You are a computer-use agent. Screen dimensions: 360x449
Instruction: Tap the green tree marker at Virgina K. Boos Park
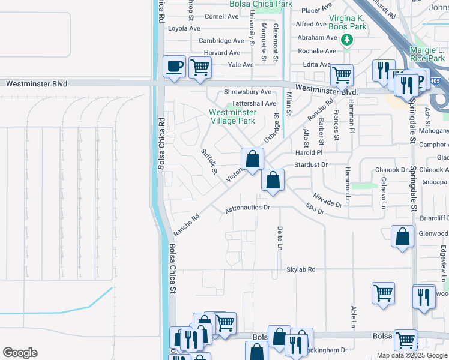(x=346, y=40)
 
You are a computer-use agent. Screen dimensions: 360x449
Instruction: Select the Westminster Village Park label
(x=232, y=116)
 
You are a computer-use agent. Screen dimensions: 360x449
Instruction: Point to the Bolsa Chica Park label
(x=261, y=4)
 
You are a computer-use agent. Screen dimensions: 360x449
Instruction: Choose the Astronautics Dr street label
(x=248, y=209)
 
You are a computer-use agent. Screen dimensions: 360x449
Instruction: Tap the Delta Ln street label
(x=280, y=238)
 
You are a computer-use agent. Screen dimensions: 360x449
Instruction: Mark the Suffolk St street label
(x=209, y=161)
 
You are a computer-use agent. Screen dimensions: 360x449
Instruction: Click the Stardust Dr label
(x=311, y=164)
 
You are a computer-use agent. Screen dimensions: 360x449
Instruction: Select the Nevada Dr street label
(x=327, y=200)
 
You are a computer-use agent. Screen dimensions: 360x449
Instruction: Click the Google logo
(x=20, y=353)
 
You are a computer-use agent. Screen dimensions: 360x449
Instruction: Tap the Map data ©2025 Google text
(x=412, y=355)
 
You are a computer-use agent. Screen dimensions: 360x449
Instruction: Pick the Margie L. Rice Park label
(x=427, y=55)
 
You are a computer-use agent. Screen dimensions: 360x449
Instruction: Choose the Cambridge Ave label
(x=221, y=41)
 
